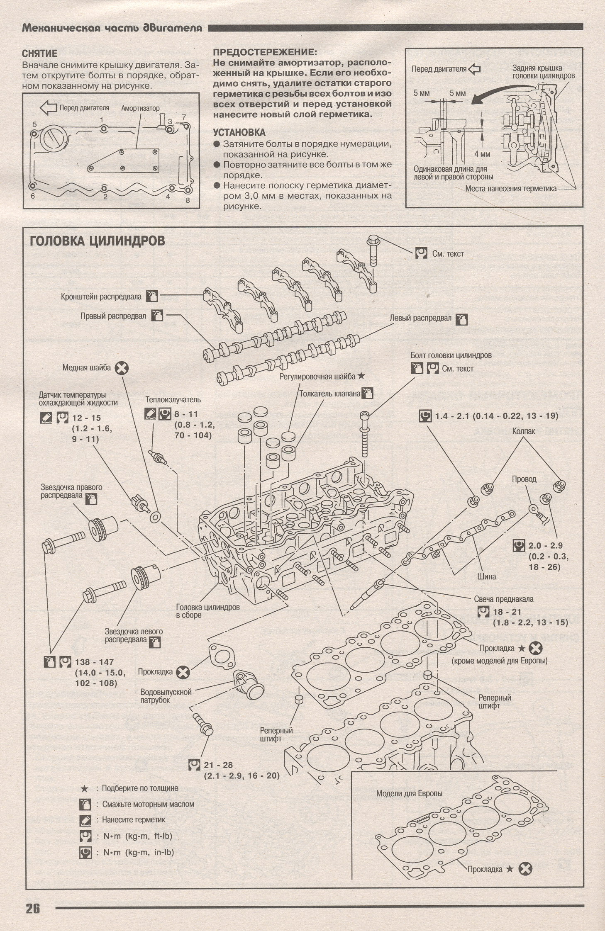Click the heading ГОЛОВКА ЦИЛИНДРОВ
click(x=98, y=241)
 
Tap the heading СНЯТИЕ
click(x=39, y=53)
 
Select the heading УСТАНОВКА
click(x=239, y=133)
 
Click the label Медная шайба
click(x=87, y=367)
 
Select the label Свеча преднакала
click(x=504, y=599)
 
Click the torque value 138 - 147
click(x=94, y=662)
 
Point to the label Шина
click(x=486, y=576)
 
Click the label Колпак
click(x=524, y=431)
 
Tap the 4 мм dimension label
click(x=482, y=154)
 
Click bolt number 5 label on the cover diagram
click(x=35, y=124)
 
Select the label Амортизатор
click(x=140, y=108)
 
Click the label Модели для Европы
click(x=409, y=793)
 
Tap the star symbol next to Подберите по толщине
click(x=84, y=788)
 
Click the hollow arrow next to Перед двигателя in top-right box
click(x=474, y=69)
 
